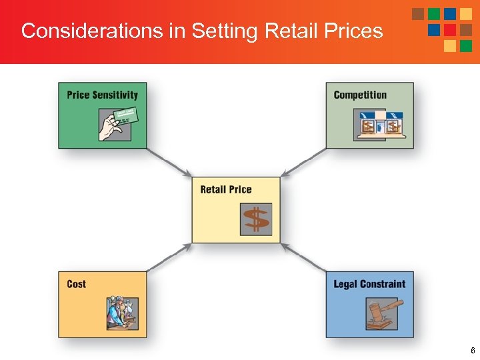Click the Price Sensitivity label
point(102,95)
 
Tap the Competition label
point(360,95)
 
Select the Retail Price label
point(226,189)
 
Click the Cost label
point(77,284)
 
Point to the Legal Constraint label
point(369,284)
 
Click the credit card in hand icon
point(118,123)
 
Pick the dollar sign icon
point(256,219)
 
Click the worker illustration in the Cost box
point(121,313)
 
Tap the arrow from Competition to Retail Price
point(303,162)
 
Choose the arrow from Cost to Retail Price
point(169,257)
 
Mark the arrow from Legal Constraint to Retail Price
point(303,257)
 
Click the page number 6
point(472,350)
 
